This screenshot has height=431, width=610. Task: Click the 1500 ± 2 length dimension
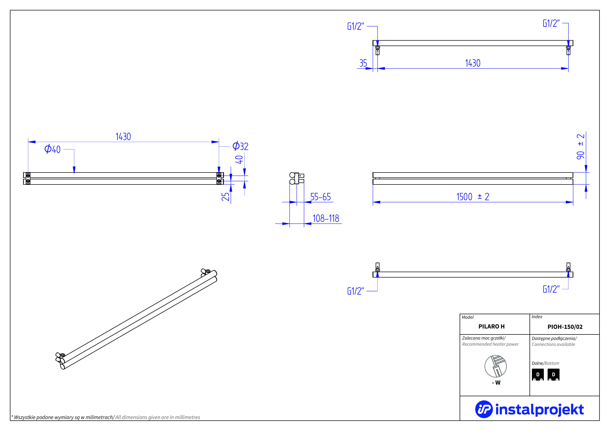click(473, 197)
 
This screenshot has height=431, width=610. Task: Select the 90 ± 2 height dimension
click(580, 147)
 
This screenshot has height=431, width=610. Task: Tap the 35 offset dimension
click(363, 63)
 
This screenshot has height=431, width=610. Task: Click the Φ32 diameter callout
click(240, 146)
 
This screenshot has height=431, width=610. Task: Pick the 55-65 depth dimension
click(320, 197)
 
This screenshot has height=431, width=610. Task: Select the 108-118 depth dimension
click(326, 218)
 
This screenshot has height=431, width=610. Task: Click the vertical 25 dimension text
click(225, 197)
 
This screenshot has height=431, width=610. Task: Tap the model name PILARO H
click(491, 326)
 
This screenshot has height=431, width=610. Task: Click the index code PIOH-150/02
click(565, 327)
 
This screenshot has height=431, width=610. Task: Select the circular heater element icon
click(495, 366)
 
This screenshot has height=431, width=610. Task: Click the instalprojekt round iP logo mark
click(484, 409)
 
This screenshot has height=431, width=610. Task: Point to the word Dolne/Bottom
click(545, 363)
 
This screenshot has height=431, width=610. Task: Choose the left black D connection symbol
click(538, 375)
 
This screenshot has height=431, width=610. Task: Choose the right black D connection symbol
click(553, 375)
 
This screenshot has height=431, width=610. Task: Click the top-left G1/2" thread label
click(356, 26)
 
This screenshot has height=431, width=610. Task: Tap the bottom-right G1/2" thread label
click(551, 289)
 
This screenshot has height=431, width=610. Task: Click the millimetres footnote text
click(106, 417)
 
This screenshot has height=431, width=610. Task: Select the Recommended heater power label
click(490, 344)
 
